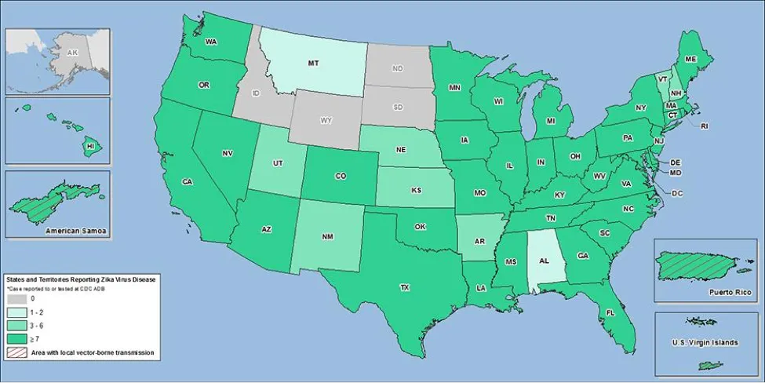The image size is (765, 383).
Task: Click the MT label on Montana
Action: [311, 62]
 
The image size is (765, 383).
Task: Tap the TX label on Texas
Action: [404, 288]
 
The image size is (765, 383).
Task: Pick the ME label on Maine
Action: [690, 59]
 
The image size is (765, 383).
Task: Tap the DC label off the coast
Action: [677, 192]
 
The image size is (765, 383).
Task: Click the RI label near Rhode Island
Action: [704, 126]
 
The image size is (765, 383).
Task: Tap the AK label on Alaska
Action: [73, 53]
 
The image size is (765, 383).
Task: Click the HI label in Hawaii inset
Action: [89, 146]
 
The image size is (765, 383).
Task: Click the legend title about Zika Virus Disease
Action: [82, 279]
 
